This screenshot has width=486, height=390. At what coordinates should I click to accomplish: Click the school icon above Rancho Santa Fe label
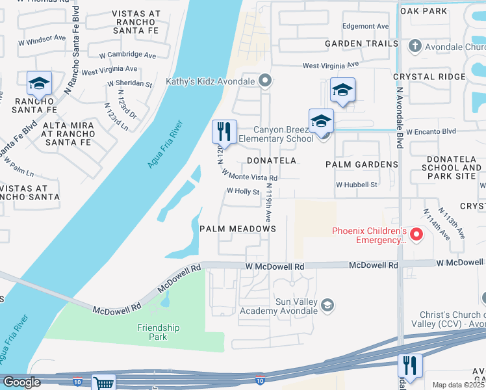(x=39, y=84)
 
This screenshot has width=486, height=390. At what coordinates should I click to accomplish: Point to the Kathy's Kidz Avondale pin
(x=264, y=81)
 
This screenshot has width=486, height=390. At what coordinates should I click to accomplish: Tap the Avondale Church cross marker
(x=415, y=47)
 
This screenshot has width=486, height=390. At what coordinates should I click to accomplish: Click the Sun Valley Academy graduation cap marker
(x=329, y=305)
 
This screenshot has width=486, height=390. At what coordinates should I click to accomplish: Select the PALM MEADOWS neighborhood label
(x=238, y=229)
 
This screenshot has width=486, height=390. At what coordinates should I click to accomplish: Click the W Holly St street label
(x=243, y=192)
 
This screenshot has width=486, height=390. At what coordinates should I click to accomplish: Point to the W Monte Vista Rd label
(x=249, y=175)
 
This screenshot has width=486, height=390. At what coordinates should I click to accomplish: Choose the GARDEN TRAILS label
(x=361, y=44)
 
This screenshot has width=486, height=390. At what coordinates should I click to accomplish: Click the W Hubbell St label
(x=356, y=185)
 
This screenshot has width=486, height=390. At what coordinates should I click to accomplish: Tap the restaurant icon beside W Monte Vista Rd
(x=224, y=132)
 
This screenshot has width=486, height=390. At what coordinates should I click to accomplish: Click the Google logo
(x=21, y=382)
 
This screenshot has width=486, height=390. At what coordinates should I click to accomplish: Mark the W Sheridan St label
(x=130, y=84)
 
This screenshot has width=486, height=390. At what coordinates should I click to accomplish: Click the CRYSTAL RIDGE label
(x=429, y=77)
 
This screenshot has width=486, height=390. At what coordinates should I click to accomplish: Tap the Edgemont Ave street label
(x=366, y=27)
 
